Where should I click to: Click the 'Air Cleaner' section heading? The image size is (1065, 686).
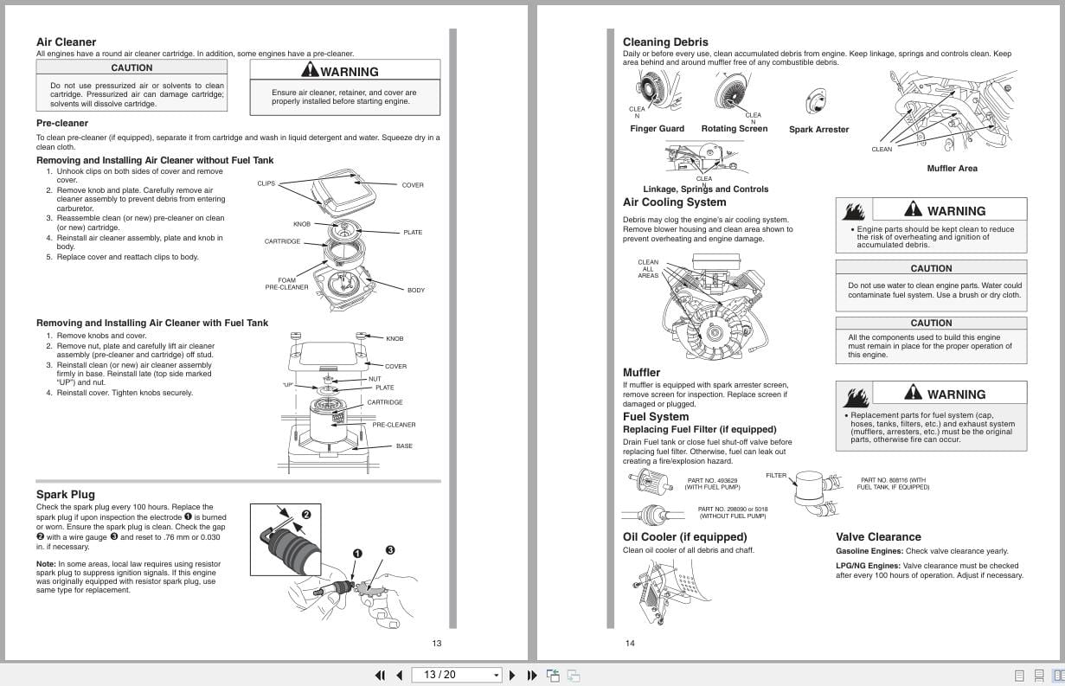click(x=66, y=42)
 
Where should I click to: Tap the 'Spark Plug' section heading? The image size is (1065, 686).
click(x=65, y=495)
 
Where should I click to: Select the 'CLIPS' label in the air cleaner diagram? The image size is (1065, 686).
click(x=266, y=183)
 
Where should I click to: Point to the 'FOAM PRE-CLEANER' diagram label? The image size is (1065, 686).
click(x=286, y=284)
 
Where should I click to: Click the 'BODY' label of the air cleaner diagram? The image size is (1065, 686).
click(x=416, y=290)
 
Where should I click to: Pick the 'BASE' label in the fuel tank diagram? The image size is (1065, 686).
click(x=404, y=446)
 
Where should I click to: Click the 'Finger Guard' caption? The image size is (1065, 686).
click(x=657, y=129)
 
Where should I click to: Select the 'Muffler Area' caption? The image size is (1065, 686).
click(x=952, y=169)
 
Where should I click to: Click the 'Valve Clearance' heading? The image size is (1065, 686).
click(x=878, y=536)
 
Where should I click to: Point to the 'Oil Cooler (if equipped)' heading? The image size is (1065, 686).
click(x=684, y=536)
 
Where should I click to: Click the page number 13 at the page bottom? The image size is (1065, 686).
click(x=437, y=643)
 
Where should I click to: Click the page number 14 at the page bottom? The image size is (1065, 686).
click(x=630, y=643)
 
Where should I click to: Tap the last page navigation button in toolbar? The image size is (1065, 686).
click(x=531, y=675)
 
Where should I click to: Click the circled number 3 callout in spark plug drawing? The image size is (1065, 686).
click(x=390, y=549)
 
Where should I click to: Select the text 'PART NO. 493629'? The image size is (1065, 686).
click(x=712, y=480)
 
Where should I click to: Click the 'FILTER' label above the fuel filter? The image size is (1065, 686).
click(x=776, y=475)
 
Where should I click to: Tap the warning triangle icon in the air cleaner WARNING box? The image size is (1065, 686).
click(x=310, y=71)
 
